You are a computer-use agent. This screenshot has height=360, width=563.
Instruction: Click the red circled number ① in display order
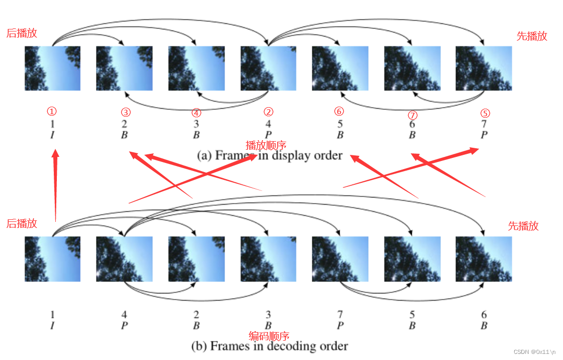(x=52, y=111)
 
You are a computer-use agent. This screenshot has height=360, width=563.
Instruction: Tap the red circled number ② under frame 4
(x=268, y=112)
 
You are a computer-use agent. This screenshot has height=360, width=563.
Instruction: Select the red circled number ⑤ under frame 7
(x=485, y=113)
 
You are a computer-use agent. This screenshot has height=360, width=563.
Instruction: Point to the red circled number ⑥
(x=339, y=111)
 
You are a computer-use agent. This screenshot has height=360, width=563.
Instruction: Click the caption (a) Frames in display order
(x=270, y=155)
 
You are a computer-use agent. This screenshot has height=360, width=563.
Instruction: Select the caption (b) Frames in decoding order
(x=270, y=346)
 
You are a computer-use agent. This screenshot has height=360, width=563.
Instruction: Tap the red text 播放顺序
(x=266, y=145)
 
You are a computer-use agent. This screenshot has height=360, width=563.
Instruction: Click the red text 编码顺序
(x=269, y=336)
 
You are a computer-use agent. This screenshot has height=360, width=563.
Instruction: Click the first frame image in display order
(x=52, y=69)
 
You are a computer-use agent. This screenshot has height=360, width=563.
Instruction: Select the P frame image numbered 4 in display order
(x=268, y=69)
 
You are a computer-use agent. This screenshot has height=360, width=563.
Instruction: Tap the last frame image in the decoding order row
(x=483, y=259)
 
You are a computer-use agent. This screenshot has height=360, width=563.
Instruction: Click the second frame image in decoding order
(x=124, y=259)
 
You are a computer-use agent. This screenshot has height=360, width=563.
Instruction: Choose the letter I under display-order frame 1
(x=52, y=135)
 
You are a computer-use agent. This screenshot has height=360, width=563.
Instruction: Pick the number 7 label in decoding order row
(x=340, y=315)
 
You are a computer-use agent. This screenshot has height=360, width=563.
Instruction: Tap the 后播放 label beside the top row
(x=22, y=34)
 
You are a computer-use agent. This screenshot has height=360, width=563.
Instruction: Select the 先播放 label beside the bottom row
(x=523, y=226)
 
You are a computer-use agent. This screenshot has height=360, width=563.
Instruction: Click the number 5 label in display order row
(x=340, y=124)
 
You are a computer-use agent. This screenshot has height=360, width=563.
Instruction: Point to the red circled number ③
(x=126, y=112)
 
